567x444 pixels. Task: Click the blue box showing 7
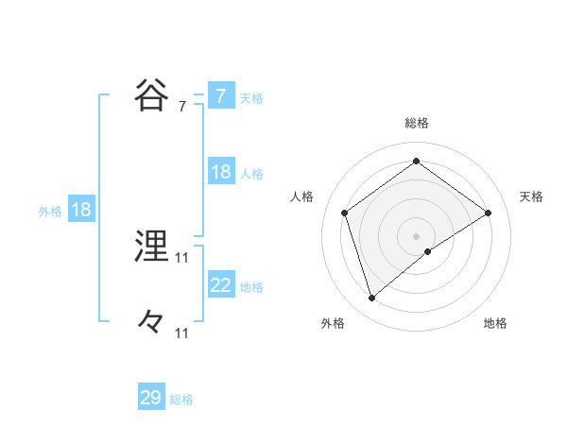pyautogui.click(x=220, y=96)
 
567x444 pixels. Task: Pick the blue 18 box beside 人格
pyautogui.click(x=220, y=172)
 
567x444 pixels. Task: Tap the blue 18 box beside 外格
pyautogui.click(x=81, y=211)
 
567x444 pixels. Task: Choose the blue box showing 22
pyautogui.click(x=220, y=285)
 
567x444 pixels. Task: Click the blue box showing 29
pyautogui.click(x=151, y=398)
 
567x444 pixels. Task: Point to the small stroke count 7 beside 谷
pyautogui.click(x=181, y=107)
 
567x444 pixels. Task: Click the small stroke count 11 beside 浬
pyautogui.click(x=182, y=257)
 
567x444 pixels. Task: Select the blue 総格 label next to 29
pyautogui.click(x=181, y=400)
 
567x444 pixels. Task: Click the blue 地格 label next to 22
pyautogui.click(x=251, y=287)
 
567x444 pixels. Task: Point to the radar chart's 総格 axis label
pyautogui.click(x=417, y=123)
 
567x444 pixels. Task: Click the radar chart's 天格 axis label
pyautogui.click(x=532, y=196)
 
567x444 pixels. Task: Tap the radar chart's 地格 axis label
pyautogui.click(x=495, y=323)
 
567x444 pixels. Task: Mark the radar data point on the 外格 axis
pyautogui.click(x=371, y=299)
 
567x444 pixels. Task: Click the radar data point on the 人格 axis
pyautogui.click(x=345, y=213)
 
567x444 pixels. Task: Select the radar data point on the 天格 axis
pyautogui.click(x=488, y=213)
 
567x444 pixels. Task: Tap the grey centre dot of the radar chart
pyautogui.click(x=417, y=235)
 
